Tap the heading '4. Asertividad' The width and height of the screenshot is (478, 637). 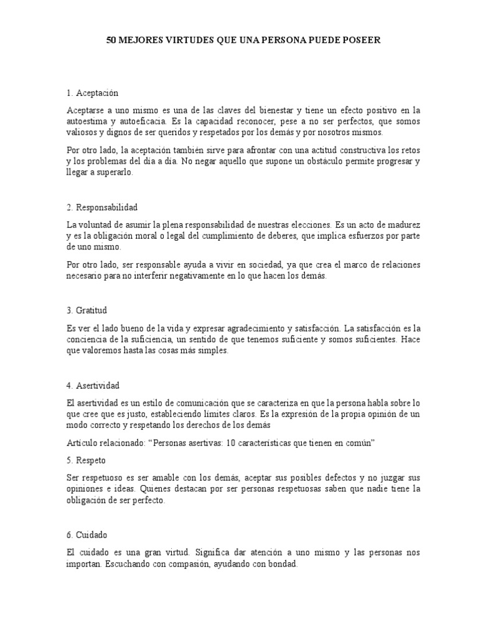point(93,386)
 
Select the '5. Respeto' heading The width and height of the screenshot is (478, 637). point(87,461)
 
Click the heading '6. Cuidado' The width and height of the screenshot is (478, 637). point(88,535)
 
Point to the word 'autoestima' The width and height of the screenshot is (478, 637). point(86,121)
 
